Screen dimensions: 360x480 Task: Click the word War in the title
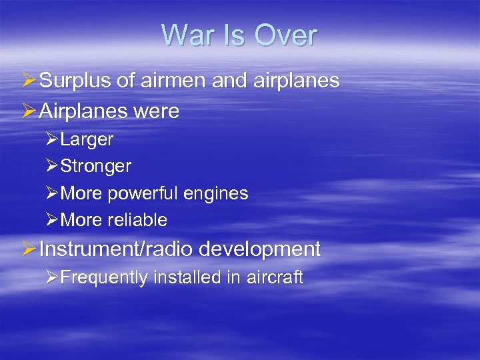coord(187,35)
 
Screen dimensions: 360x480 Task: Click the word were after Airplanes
coord(157,111)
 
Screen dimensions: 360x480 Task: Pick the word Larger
coord(87,140)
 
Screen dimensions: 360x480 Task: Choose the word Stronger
coord(95,166)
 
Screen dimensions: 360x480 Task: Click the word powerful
coord(139,193)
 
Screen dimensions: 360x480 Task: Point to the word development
coord(266,249)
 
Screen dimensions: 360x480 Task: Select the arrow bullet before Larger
coord(52,140)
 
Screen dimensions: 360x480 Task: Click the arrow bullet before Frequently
coord(52,277)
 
